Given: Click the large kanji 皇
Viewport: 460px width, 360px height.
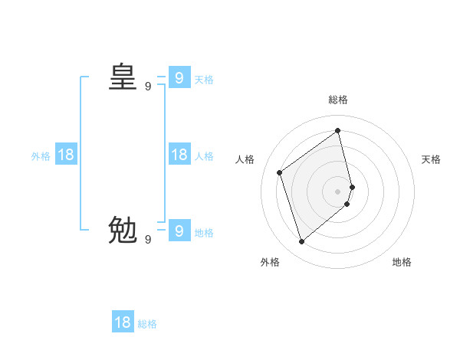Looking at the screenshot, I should point(123,77).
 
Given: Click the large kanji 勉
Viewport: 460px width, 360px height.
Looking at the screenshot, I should point(123,229).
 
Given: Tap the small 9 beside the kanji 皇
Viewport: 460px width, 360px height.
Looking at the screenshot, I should point(148,87).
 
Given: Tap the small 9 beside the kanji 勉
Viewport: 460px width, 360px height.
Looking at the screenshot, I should point(148,240).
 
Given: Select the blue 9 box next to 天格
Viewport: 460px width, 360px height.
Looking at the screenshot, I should point(179,77).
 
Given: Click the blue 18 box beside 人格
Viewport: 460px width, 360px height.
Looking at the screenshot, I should point(179,155).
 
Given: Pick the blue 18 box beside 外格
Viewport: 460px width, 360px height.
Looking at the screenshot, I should point(66,155).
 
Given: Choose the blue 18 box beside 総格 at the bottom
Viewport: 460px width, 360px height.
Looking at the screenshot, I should point(123,322).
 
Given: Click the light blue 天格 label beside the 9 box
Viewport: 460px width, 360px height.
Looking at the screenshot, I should point(204,80).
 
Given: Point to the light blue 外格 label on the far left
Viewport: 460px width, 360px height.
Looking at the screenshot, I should point(41,156).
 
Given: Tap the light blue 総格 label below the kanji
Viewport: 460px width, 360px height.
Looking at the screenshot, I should point(147,324).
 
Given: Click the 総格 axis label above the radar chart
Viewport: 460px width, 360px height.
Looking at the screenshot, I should point(338,100).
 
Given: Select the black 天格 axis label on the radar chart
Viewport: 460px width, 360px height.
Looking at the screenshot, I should point(431,159).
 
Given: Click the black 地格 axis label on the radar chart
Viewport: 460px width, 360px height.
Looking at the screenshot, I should point(402,262).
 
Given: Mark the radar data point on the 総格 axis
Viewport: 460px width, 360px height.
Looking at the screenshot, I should point(338,130).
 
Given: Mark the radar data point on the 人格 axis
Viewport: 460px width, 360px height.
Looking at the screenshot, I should point(280,172).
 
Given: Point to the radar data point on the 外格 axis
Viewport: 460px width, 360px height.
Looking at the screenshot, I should point(302,242).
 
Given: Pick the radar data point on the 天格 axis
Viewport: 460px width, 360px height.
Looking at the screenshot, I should point(352,186).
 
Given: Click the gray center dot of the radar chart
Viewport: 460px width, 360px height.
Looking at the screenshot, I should point(338,191).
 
